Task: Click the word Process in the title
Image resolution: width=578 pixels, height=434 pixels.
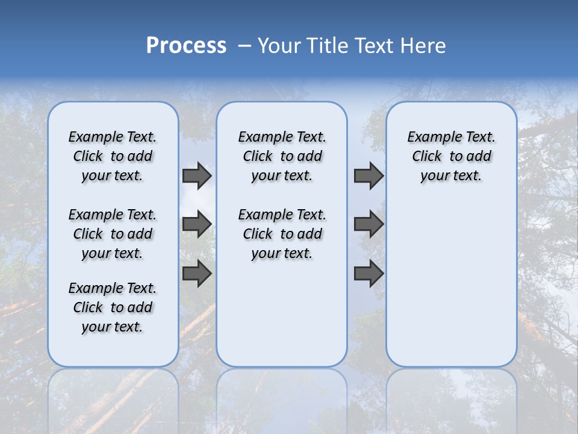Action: click(x=186, y=46)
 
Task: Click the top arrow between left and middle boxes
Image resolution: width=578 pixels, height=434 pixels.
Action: click(x=197, y=176)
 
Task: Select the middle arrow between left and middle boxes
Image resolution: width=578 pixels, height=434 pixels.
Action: click(x=197, y=224)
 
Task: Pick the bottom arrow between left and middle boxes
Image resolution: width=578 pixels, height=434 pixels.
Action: click(x=197, y=274)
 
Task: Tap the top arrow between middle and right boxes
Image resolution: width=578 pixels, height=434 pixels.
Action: click(x=368, y=176)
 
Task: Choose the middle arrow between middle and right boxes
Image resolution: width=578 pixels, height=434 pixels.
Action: click(x=368, y=224)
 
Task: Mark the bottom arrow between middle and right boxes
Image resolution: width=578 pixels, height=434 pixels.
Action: click(x=368, y=274)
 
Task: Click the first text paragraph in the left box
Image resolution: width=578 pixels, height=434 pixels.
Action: click(x=113, y=156)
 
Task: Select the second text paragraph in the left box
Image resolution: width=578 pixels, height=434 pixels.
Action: click(x=113, y=234)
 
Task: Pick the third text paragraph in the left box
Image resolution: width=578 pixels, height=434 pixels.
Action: click(x=113, y=307)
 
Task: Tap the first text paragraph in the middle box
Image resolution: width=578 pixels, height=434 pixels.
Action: click(x=282, y=156)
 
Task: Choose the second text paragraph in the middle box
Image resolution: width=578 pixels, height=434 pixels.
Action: click(x=282, y=234)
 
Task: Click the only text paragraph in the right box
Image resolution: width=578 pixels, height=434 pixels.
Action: click(x=451, y=156)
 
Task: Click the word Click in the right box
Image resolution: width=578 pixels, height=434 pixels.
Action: click(x=427, y=157)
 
